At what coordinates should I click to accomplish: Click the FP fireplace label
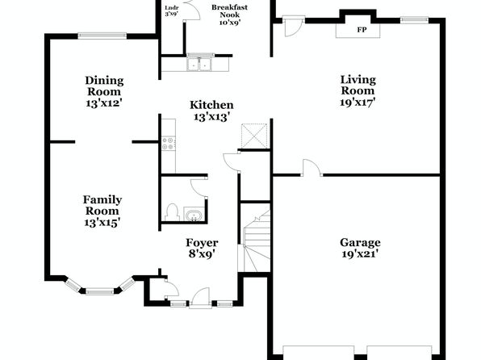pos(362,30)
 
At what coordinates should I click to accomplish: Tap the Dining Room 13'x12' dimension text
pos(104,103)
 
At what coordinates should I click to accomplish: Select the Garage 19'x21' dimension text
pos(360,254)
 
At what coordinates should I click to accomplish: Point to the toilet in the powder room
pos(173,212)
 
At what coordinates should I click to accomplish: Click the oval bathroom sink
pos(194,215)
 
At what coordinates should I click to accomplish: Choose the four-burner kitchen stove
pos(169,144)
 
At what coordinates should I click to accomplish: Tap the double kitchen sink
pos(199,64)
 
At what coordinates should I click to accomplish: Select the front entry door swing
pos(199,297)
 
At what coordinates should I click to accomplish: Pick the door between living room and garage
pos(312,168)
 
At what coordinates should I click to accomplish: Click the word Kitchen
pos(211,105)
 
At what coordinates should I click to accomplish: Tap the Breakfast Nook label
pos(229,11)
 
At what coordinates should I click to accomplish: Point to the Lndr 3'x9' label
pos(171,10)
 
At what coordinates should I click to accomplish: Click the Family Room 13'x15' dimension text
pos(102,222)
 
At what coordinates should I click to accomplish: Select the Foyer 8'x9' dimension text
pos(202,254)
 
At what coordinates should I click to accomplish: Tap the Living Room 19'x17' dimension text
pos(358,103)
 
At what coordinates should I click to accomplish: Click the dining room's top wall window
pos(102,36)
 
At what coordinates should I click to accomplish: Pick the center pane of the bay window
pos(100,291)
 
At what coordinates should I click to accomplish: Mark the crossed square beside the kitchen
pos(254,136)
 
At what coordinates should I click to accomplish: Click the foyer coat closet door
pos(171,289)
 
